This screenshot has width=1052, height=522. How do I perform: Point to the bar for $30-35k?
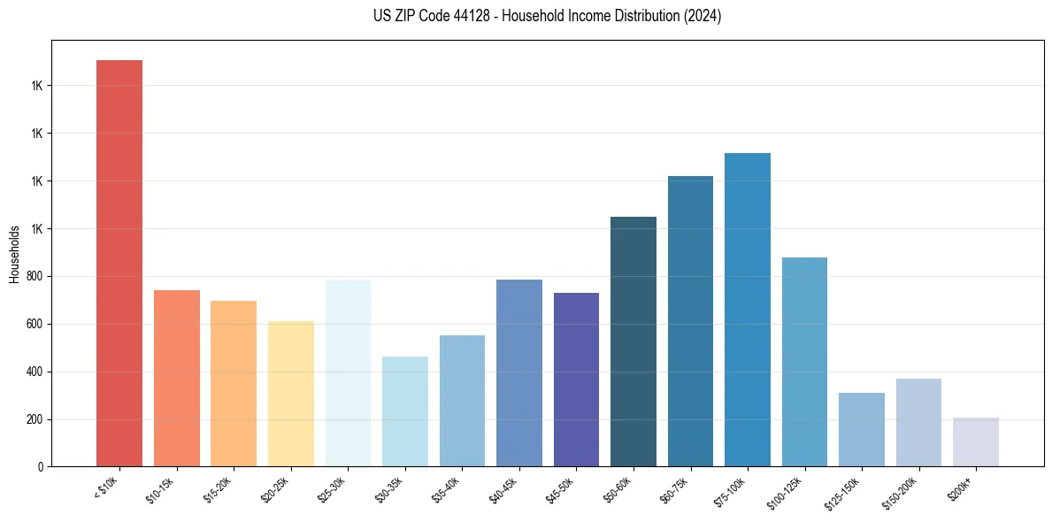click(x=405, y=411)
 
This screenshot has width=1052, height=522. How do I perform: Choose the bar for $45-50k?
click(x=576, y=380)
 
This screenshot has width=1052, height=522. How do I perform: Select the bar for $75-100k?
click(x=748, y=310)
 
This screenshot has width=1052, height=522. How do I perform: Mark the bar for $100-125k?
click(x=804, y=362)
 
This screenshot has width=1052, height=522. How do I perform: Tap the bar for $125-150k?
click(x=862, y=429)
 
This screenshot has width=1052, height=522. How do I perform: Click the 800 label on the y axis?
click(x=36, y=276)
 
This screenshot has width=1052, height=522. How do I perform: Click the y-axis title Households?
click(x=14, y=254)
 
